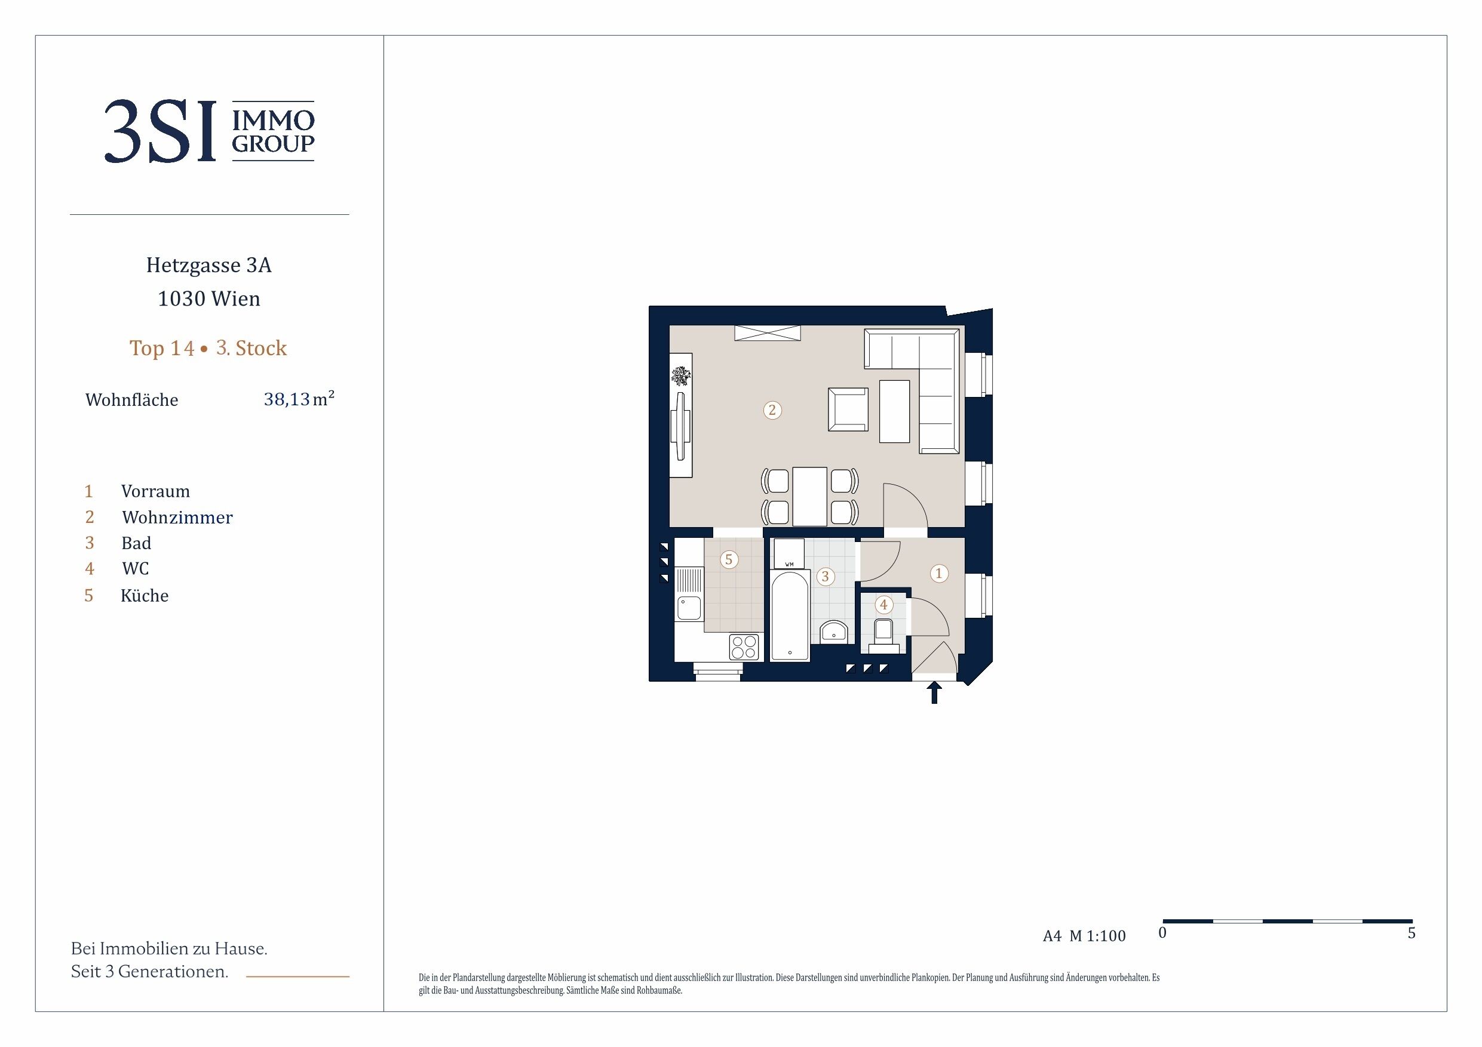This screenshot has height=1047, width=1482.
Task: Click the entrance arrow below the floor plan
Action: (934, 693)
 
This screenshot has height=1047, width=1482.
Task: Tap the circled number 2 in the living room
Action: (772, 410)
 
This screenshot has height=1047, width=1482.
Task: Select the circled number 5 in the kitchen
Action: (729, 559)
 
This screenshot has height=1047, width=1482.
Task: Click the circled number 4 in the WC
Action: (883, 605)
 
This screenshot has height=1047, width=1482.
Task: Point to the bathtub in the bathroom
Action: (790, 615)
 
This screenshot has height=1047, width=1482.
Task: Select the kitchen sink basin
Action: (689, 608)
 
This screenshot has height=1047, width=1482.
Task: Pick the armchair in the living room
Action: (848, 409)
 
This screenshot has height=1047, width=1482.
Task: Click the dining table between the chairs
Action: (809, 497)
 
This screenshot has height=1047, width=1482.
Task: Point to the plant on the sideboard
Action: (680, 375)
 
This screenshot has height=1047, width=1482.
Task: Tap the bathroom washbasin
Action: (833, 632)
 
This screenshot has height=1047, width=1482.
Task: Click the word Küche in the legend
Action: (145, 595)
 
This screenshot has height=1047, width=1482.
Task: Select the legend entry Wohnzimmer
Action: (177, 518)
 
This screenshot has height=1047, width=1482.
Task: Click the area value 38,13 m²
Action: (299, 399)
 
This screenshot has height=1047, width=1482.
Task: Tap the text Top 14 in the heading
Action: (162, 349)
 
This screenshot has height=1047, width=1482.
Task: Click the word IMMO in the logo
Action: (273, 120)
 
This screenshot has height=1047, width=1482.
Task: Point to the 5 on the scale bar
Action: (1412, 933)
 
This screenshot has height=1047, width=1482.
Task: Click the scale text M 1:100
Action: (1097, 936)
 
